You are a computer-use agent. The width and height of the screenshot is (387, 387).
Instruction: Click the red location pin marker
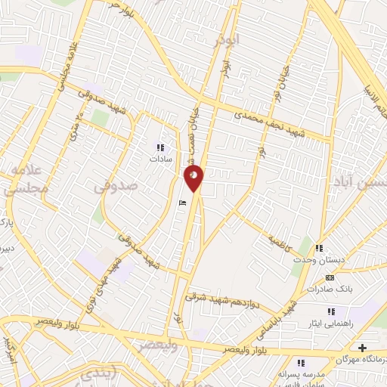[193, 178]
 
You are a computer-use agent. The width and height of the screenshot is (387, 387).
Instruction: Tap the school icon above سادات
[159, 147]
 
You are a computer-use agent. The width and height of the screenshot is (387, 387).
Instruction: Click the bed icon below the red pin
[181, 203]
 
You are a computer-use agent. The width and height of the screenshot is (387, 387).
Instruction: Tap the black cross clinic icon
[363, 348]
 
